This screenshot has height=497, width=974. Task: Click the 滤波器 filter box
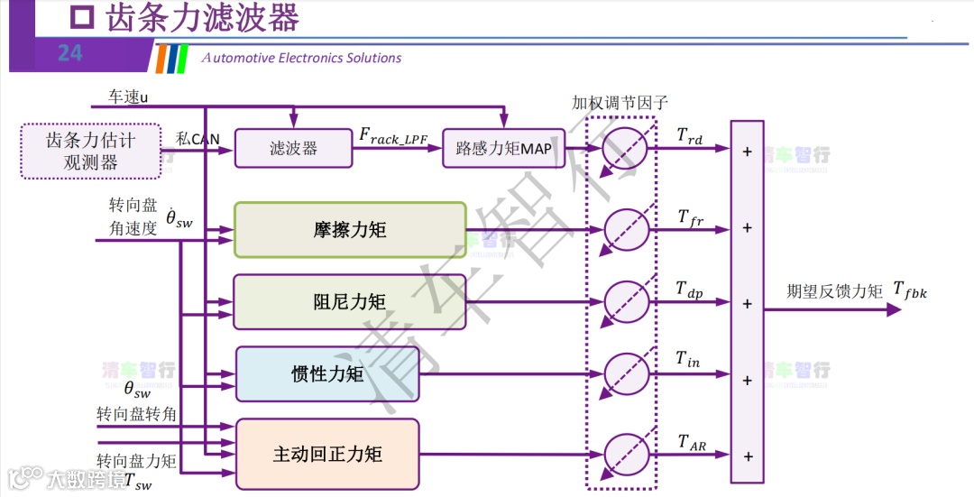click(293, 149)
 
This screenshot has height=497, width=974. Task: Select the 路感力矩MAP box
click(503, 149)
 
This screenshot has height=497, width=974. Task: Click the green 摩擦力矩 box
click(350, 229)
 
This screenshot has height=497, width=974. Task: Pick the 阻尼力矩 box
click(350, 301)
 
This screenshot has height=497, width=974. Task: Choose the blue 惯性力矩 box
click(327, 373)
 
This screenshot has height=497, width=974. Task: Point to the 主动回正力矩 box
click(327, 454)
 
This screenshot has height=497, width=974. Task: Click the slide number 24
click(69, 54)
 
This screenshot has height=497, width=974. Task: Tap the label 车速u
click(128, 96)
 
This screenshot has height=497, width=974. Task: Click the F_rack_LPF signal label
click(394, 137)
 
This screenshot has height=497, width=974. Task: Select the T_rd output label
click(690, 137)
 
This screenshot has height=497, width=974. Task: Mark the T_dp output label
click(690, 290)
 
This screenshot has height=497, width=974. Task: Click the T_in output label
click(688, 360)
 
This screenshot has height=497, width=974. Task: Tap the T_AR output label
click(692, 441)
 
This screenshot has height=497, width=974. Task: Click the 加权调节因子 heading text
click(620, 102)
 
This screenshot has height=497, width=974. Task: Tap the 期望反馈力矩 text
click(834, 290)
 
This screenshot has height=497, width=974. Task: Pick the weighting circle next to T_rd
click(624, 149)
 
